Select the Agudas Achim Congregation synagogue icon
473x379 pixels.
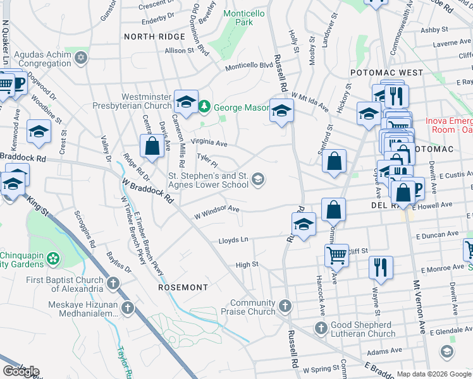pyautogui.click(x=80, y=59)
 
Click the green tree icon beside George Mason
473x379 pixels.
pyautogui.click(x=204, y=107)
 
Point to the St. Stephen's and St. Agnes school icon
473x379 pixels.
pyautogui.click(x=257, y=180)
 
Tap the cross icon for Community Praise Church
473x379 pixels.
pyautogui.click(x=285, y=306)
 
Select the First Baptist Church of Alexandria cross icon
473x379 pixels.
pyautogui.click(x=113, y=284)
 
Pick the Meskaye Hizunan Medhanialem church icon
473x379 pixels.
pyautogui.click(x=128, y=308)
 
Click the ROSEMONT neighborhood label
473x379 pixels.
pyautogui.click(x=183, y=287)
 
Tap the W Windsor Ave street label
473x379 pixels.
pyautogui.click(x=217, y=211)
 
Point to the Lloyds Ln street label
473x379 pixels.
pyautogui.click(x=233, y=240)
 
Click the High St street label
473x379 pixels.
pyautogui.click(x=247, y=265)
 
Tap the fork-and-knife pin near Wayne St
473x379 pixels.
pyautogui.click(x=380, y=266)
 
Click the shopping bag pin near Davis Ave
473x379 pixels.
pyautogui.click(x=152, y=146)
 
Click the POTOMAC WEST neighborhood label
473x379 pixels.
pyautogui.click(x=386, y=73)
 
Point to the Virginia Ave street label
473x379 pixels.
pyautogui.click(x=209, y=143)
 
